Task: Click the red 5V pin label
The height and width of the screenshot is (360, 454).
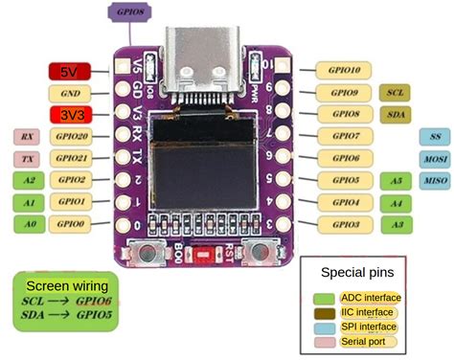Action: click(69, 71)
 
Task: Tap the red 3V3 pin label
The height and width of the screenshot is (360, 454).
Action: click(70, 114)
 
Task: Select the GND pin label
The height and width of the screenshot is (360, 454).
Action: click(70, 93)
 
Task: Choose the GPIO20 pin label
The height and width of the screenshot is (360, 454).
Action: click(70, 136)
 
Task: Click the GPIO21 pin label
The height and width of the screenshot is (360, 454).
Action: click(70, 158)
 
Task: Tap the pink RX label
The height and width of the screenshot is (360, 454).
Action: click(26, 136)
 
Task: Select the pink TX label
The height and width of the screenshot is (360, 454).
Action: click(26, 158)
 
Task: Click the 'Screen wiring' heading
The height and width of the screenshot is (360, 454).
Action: click(66, 285)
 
